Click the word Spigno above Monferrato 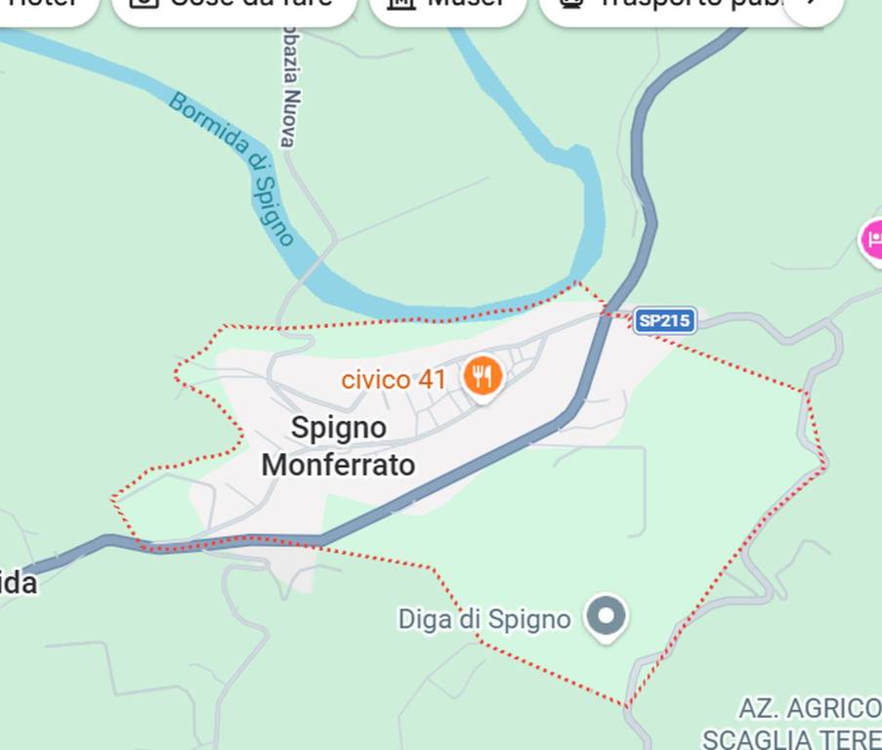coord(338,427)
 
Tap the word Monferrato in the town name coord(338,465)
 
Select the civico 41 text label coord(393,379)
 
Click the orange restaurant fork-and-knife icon coord(483,374)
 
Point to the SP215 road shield coord(664,320)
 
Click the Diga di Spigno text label coord(483,619)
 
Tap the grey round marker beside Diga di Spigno coord(607,616)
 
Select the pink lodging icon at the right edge coord(872,239)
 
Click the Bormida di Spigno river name coord(233,167)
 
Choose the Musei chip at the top coord(447,6)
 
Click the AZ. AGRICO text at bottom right coord(810,708)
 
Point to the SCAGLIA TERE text coord(791,738)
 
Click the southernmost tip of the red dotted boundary coord(627,705)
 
